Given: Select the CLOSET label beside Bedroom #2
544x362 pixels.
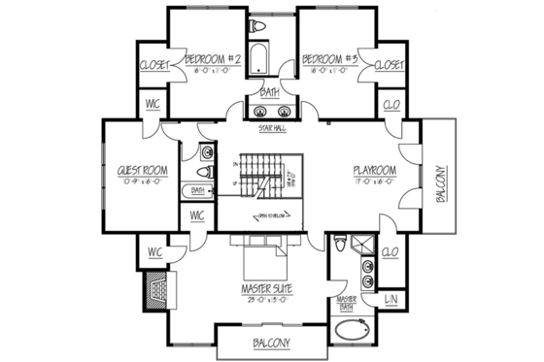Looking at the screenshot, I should click(155, 65).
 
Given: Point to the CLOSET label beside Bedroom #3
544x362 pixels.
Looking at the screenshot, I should click(389, 65).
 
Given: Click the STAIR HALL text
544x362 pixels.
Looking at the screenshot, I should click(272, 127).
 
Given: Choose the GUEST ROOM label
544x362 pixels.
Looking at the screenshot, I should click(143, 171).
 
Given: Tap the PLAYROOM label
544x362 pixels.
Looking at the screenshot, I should click(376, 172).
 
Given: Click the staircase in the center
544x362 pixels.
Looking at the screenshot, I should click(256, 181).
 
